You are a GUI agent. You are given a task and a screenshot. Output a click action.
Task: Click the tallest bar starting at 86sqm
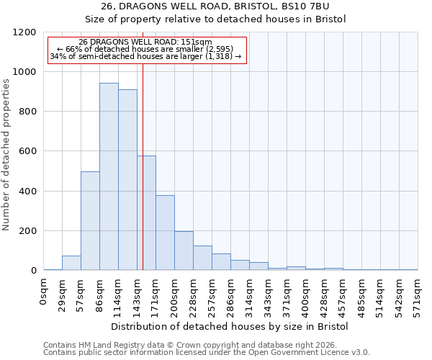(x=109, y=176)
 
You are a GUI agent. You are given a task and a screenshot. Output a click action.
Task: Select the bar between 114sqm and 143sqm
(x=127, y=180)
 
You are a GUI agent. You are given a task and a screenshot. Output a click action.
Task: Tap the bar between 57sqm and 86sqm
(x=90, y=221)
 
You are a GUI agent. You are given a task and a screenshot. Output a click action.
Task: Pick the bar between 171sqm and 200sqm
(x=165, y=233)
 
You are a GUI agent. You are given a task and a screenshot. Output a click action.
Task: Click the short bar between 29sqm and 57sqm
(x=71, y=263)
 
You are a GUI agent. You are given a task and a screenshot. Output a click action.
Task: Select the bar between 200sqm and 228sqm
(x=184, y=251)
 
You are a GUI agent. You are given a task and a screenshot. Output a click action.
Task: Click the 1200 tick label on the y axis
(x=25, y=32)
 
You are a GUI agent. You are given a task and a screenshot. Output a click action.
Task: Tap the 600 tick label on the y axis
(x=28, y=151)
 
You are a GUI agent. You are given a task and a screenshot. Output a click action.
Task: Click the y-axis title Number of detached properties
(x=6, y=155)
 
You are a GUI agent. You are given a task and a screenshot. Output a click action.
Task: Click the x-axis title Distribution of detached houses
(x=230, y=326)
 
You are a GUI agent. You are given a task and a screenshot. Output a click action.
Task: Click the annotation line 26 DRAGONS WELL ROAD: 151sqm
(x=145, y=42)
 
